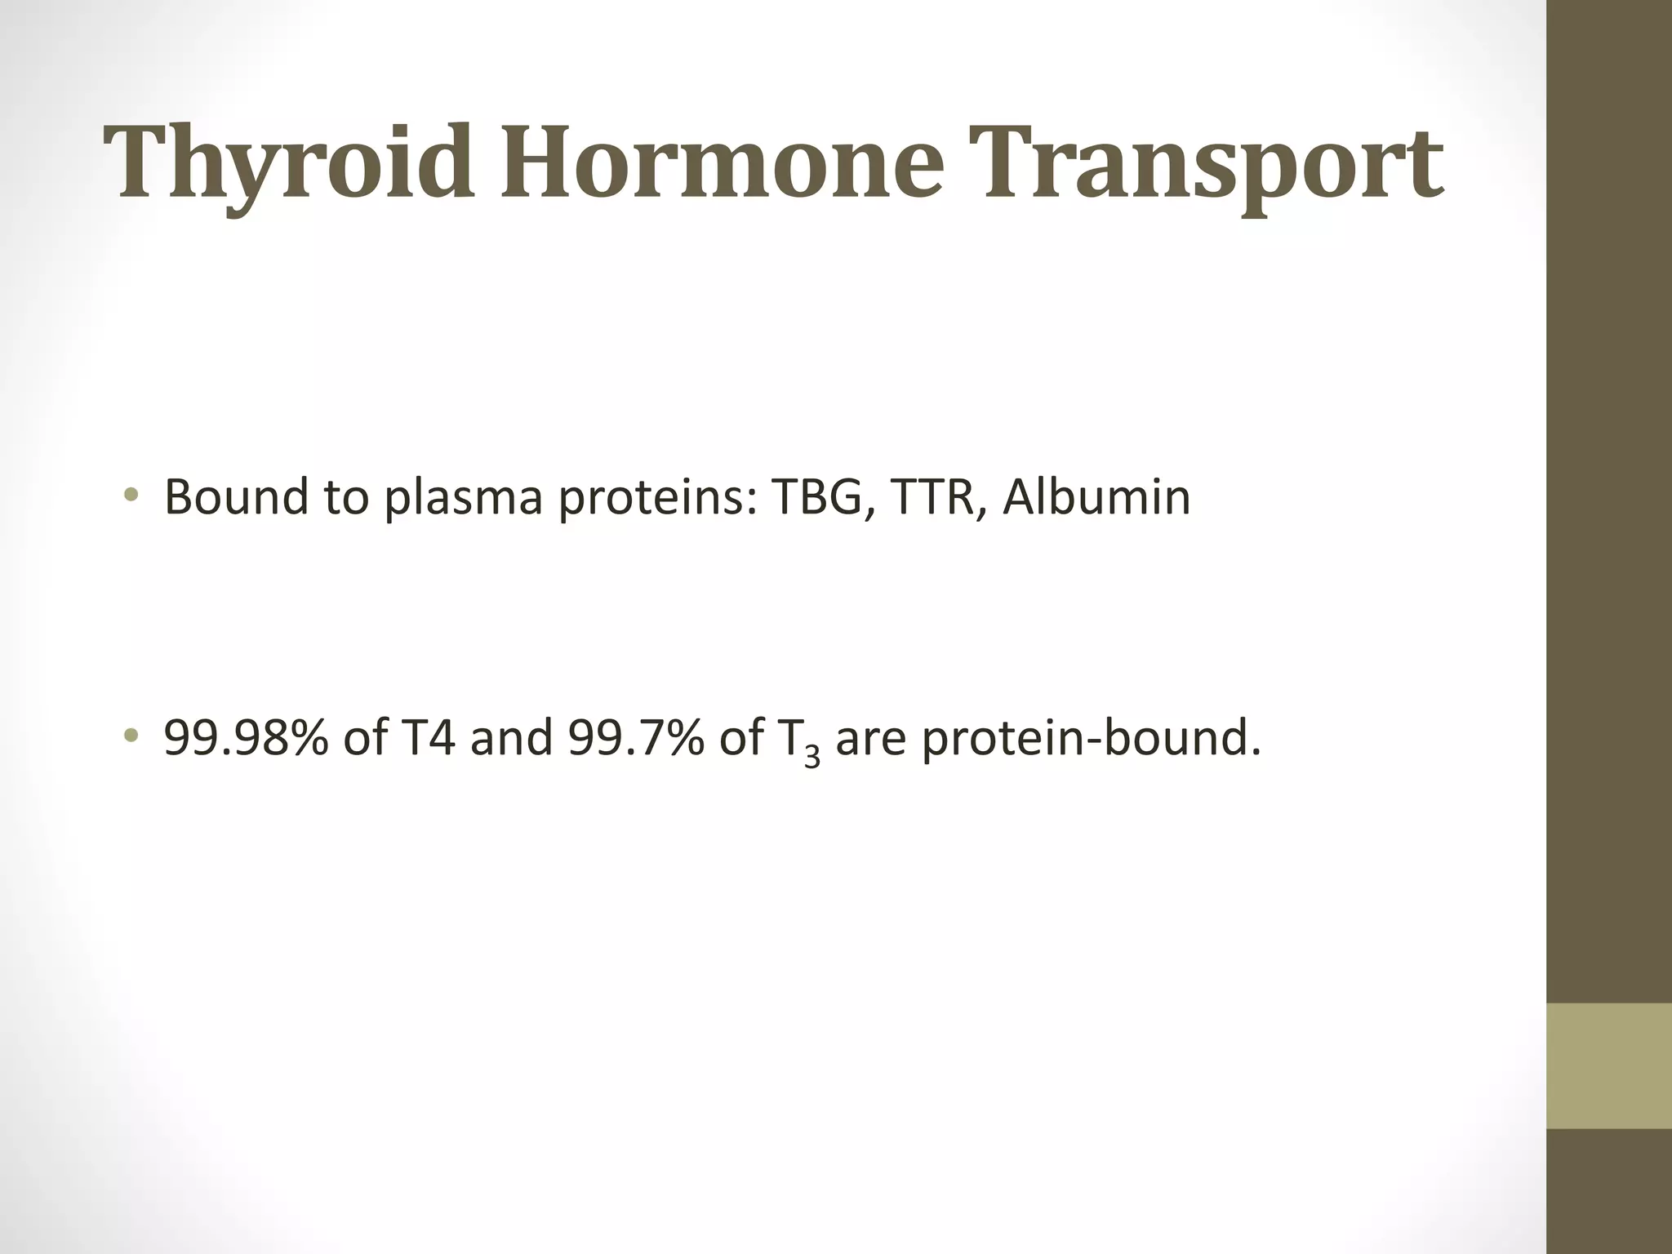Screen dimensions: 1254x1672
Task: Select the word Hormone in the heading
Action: click(723, 163)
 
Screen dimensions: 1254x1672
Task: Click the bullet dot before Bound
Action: click(131, 496)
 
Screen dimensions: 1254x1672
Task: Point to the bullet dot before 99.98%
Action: click(131, 737)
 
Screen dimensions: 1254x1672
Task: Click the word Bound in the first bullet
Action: click(236, 496)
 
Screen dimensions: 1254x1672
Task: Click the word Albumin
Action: click(1096, 496)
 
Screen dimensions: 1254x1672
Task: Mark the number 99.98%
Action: click(246, 737)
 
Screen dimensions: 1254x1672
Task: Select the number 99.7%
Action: click(636, 737)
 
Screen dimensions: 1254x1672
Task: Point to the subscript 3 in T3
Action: click(812, 757)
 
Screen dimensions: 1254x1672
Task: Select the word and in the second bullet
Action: click(511, 737)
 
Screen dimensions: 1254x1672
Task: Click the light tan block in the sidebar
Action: click(1609, 1065)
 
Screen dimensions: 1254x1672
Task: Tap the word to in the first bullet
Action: click(345, 496)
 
